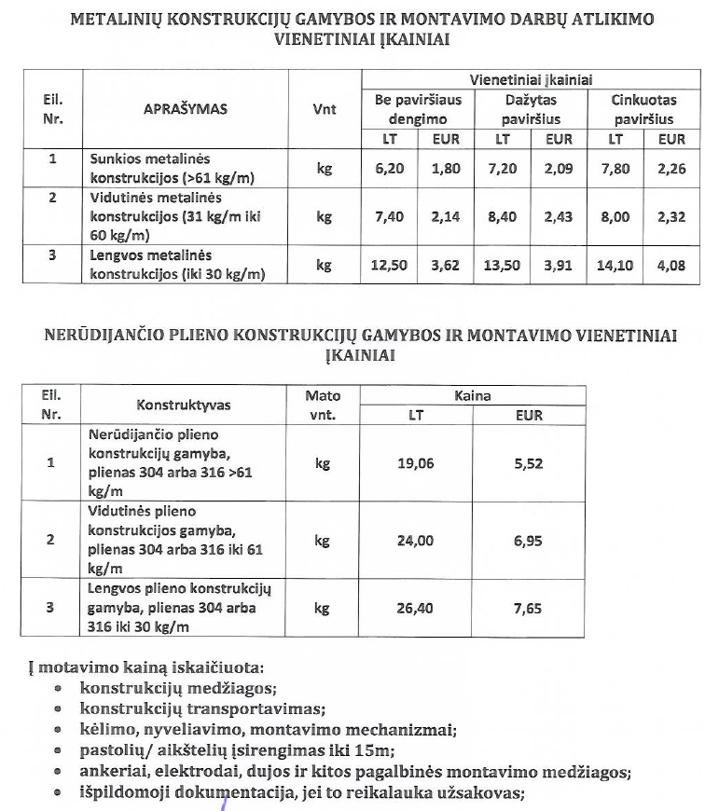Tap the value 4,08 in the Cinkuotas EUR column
tap(670, 265)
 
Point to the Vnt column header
tap(324, 109)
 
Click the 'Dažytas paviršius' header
tap(531, 109)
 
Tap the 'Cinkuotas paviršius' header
tap(643, 109)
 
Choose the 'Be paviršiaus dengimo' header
tap(417, 109)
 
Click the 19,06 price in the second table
tap(415, 462)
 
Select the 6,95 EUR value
tap(529, 541)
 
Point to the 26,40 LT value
tap(415, 608)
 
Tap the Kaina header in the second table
tap(472, 395)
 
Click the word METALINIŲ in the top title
tap(118, 19)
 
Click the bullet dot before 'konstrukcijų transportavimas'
tap(58, 710)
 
